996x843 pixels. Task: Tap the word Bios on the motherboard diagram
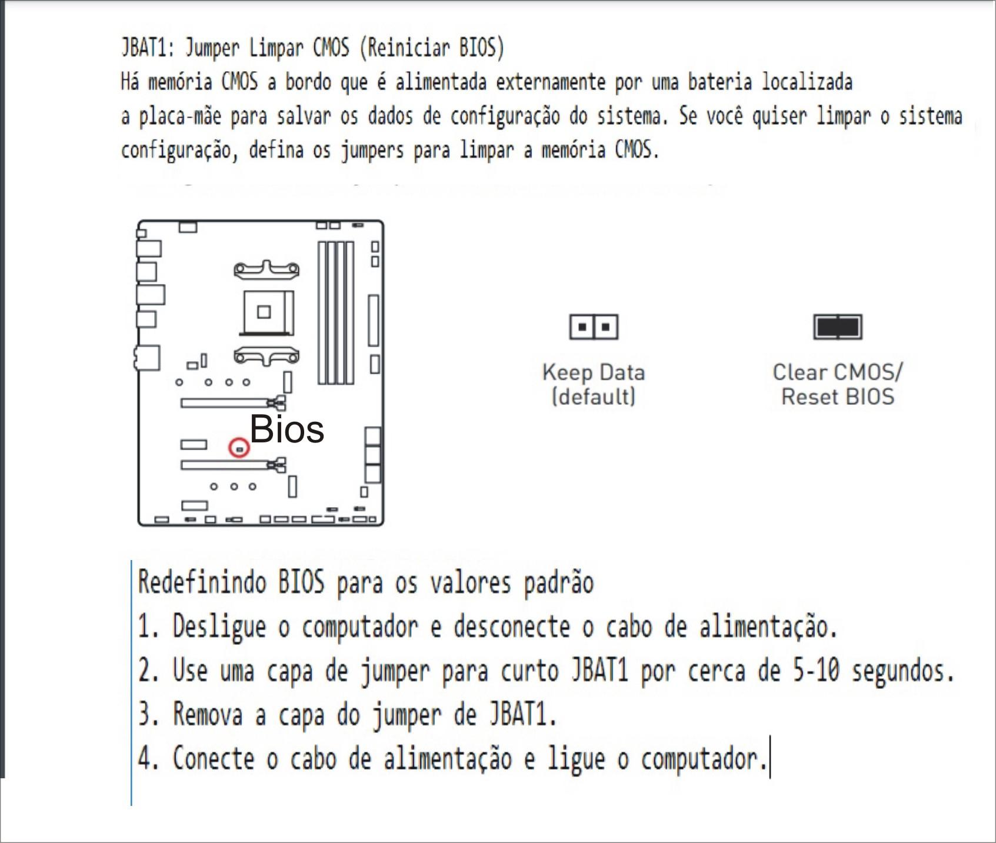[x=287, y=428]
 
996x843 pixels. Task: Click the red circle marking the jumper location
[x=239, y=448]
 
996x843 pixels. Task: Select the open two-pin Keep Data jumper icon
[x=594, y=326]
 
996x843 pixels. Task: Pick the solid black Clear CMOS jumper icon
[x=838, y=326]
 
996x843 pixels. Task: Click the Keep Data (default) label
[x=594, y=384]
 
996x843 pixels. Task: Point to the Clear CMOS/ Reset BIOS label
[x=838, y=384]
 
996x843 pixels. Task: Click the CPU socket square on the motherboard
[x=268, y=312]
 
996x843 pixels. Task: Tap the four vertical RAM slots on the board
[x=336, y=312]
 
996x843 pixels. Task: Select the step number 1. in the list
[x=149, y=627]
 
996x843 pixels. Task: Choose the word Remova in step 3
[x=207, y=715]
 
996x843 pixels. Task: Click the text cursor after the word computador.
[x=770, y=757]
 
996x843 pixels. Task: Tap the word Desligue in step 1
[x=219, y=627]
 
